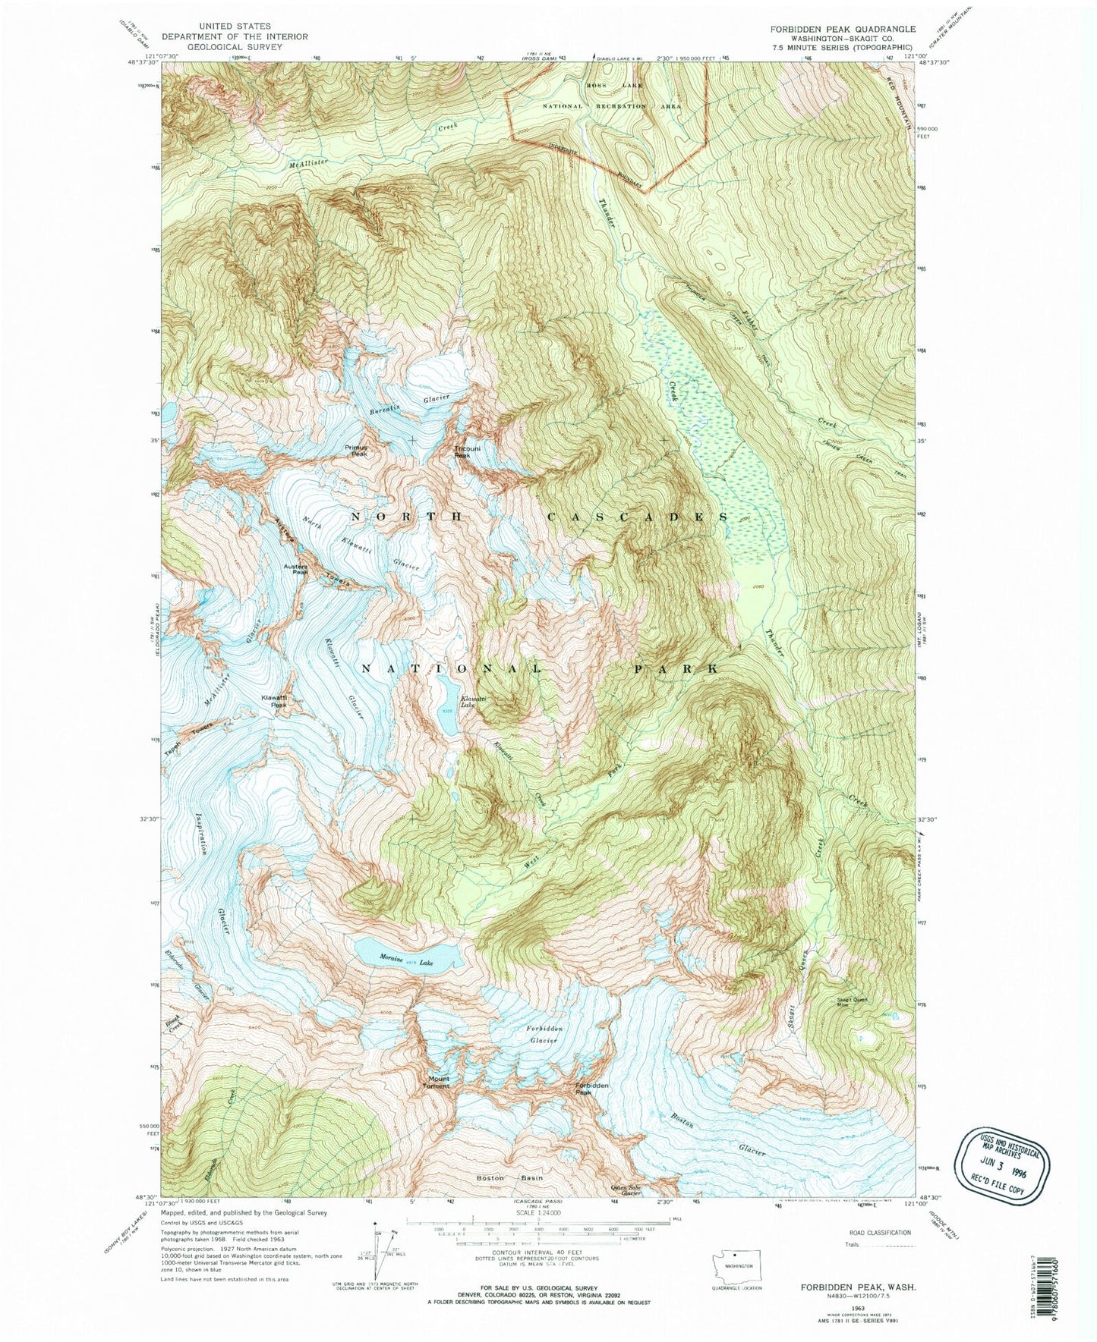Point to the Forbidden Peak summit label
pos(592,1089)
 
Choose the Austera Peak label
pos(295,569)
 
